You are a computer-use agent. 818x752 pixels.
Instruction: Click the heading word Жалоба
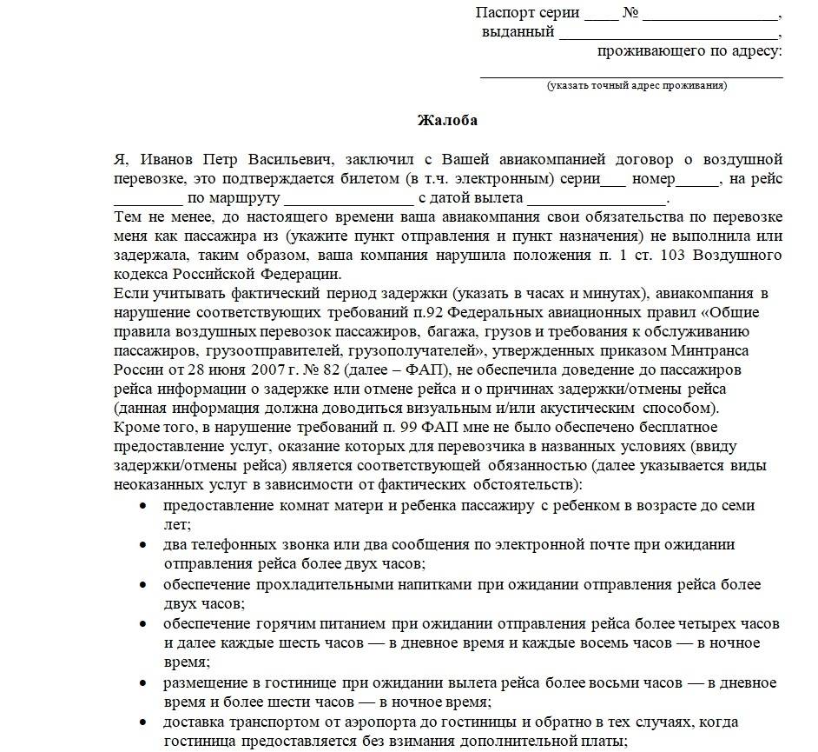click(x=447, y=120)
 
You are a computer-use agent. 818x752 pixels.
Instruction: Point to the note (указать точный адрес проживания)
click(x=637, y=85)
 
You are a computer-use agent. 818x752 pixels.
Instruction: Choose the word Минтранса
click(x=711, y=350)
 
